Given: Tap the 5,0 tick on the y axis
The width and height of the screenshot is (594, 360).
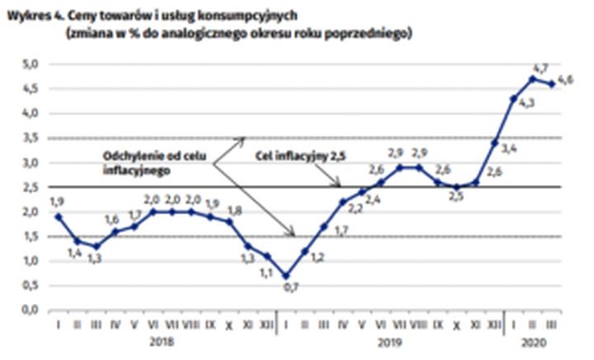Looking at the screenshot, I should pyautogui.click(x=31, y=64).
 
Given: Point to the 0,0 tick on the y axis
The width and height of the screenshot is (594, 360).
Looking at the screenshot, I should pyautogui.click(x=31, y=310).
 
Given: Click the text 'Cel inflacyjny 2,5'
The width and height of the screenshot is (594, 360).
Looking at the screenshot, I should pyautogui.click(x=297, y=154).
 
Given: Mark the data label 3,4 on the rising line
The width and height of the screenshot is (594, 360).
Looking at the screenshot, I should pyautogui.click(x=508, y=149).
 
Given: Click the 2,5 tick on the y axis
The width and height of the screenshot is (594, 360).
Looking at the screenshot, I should pyautogui.click(x=31, y=187).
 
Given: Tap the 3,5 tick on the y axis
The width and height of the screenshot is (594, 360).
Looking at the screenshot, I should pyautogui.click(x=31, y=138).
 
